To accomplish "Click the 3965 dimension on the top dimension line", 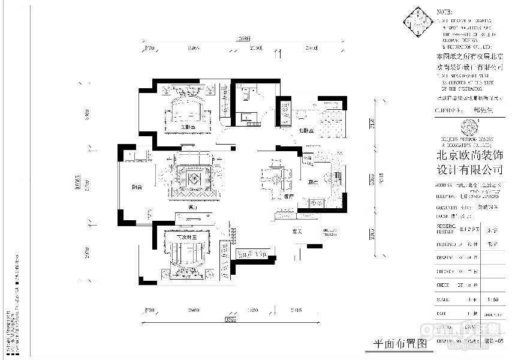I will tap(193, 47).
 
